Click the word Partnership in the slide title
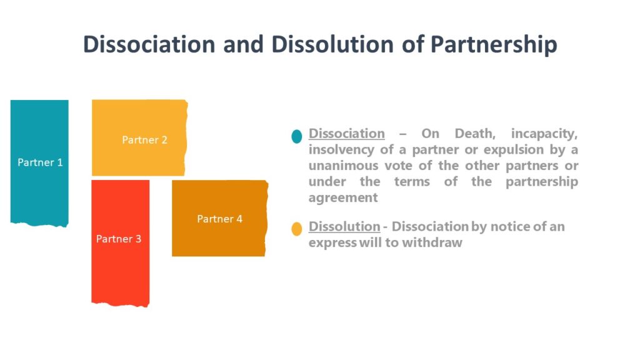(x=493, y=45)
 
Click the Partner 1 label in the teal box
(x=40, y=162)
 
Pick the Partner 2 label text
(x=144, y=140)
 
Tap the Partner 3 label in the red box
(x=119, y=239)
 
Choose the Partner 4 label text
(x=219, y=219)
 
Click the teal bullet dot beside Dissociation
(x=297, y=136)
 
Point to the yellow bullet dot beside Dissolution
(x=297, y=229)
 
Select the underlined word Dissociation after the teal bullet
(x=347, y=134)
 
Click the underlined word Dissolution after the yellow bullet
(x=344, y=227)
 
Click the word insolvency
(x=341, y=150)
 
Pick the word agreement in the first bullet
(x=343, y=197)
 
